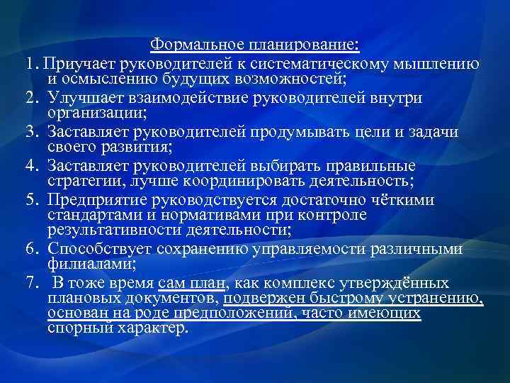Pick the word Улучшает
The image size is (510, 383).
click(x=79, y=98)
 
